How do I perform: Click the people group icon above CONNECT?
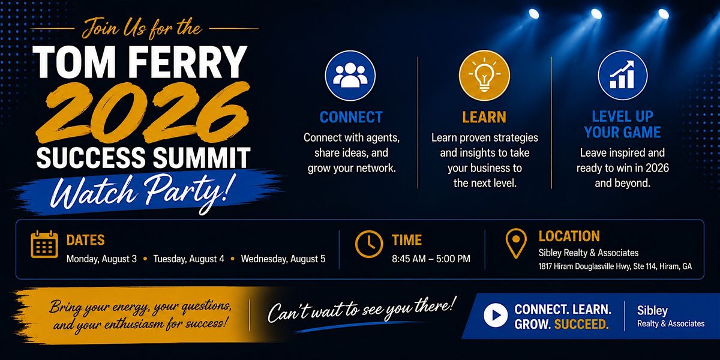click(x=350, y=76)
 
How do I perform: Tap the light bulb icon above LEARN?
click(x=484, y=75)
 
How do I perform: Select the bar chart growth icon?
click(x=623, y=75)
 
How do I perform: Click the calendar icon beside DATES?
click(x=44, y=244)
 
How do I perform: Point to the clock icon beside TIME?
click(x=369, y=244)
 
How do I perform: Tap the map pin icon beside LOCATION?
click(x=516, y=244)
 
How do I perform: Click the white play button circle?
click(x=496, y=315)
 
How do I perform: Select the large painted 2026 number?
click(x=143, y=113)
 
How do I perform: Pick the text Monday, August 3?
click(x=101, y=259)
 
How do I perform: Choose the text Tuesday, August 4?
click(x=188, y=259)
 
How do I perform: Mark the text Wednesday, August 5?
click(x=283, y=259)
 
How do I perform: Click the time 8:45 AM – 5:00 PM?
click(x=431, y=259)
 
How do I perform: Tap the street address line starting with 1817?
click(x=615, y=266)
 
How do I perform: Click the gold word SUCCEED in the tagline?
click(x=581, y=324)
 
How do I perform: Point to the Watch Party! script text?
click(x=141, y=193)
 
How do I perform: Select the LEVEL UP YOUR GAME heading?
click(x=623, y=124)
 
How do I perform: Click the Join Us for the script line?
click(x=142, y=29)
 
